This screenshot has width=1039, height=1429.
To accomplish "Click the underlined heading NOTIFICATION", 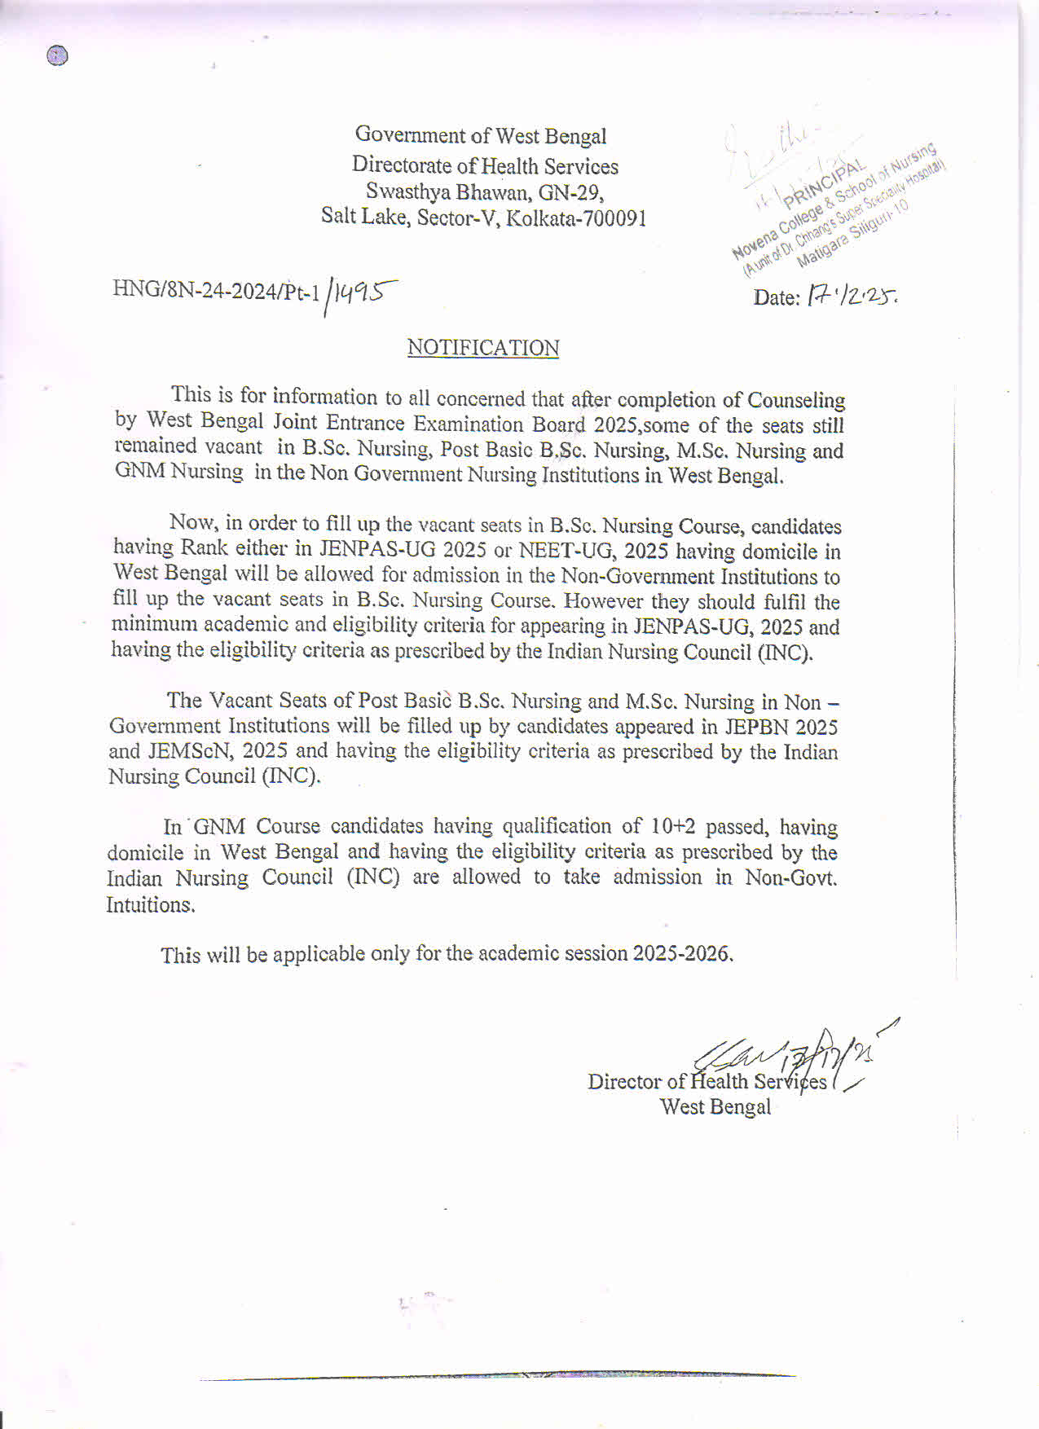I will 483,348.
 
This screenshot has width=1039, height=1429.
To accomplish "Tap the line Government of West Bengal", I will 481,135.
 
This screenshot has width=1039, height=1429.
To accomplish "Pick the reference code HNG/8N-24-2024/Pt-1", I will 216,291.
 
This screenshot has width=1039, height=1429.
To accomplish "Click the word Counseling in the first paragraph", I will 796,401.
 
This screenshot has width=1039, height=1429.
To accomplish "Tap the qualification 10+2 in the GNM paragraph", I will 673,827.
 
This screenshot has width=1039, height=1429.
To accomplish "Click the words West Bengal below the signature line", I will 715,1107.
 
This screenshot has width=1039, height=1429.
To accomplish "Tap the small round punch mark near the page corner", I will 58,56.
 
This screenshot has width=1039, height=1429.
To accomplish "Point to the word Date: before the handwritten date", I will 776,298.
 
